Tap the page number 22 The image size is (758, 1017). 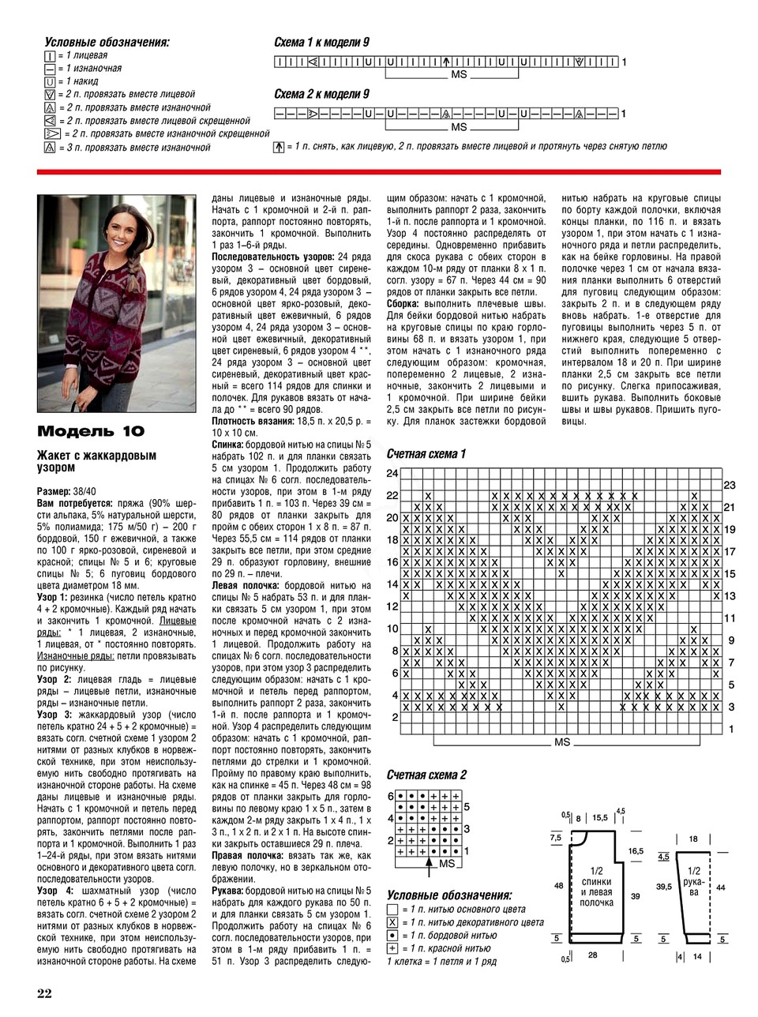coord(44,993)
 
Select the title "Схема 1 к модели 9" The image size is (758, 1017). coord(321,43)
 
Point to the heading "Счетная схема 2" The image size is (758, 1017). coord(426,775)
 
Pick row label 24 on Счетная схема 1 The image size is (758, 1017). coord(392,473)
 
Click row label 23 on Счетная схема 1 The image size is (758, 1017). coord(730,484)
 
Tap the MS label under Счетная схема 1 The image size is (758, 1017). coord(561,742)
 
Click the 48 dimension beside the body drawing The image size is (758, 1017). coord(559,886)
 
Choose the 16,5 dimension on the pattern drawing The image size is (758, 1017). coord(636,851)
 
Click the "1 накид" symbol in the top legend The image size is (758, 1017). coord(51,81)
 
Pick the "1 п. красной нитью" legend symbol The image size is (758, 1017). coord(392,948)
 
